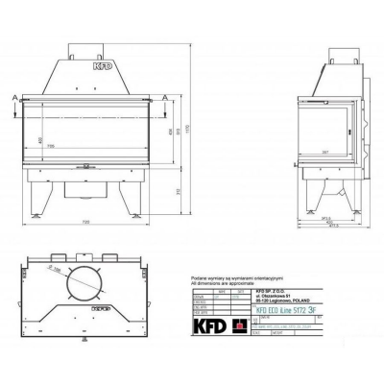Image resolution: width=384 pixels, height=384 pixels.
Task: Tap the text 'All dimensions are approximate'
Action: coord(223,284)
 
